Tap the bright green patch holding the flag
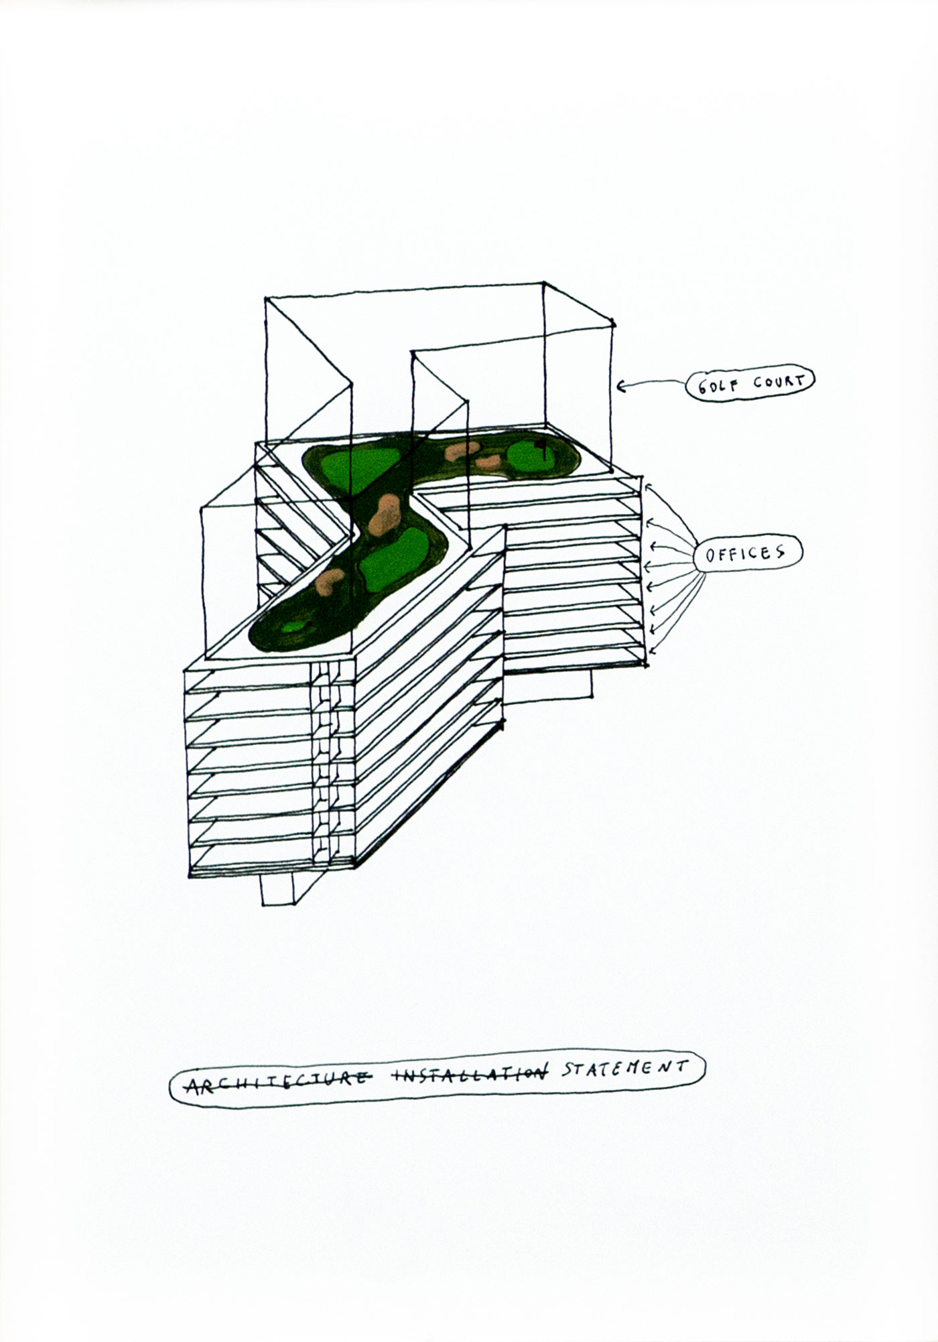tap(531, 458)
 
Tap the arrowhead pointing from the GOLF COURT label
tap(620, 385)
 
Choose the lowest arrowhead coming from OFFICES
tap(653, 649)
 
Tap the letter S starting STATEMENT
tap(567, 1085)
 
